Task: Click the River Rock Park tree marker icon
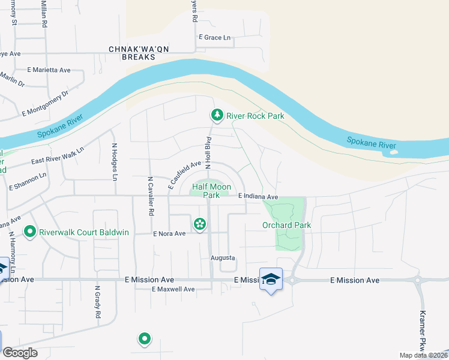[216, 115]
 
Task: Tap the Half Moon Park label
[211, 191]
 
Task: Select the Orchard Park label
[286, 225]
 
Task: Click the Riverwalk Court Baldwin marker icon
[29, 230]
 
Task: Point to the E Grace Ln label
[215, 37]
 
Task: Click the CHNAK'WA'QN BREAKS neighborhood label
[131, 53]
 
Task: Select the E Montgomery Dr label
[46, 103]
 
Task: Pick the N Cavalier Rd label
[151, 196]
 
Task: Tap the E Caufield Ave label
[184, 175]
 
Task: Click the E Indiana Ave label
[258, 197]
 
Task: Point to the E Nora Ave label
[169, 233]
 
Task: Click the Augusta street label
[221, 258]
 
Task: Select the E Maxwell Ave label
[173, 289]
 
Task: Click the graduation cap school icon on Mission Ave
[271, 278]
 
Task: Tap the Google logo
[20, 353]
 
